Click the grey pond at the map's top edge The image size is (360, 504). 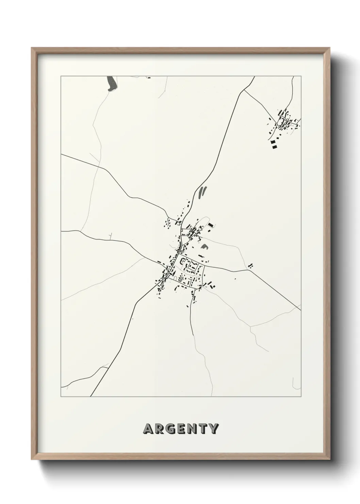point(111,84)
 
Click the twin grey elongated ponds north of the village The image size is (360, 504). point(202,192)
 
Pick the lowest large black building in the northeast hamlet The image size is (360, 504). point(274,147)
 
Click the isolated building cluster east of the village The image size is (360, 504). point(251,265)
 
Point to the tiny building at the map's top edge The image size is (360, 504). point(148,78)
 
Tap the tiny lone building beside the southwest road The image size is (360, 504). point(132,319)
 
